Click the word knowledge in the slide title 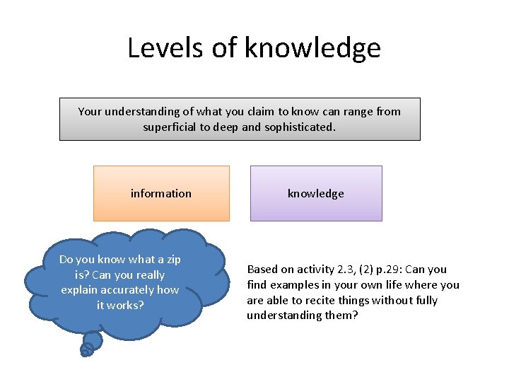312,48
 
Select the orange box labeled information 161,193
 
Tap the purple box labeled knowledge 316,193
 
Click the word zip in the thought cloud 172,260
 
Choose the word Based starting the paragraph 262,270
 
